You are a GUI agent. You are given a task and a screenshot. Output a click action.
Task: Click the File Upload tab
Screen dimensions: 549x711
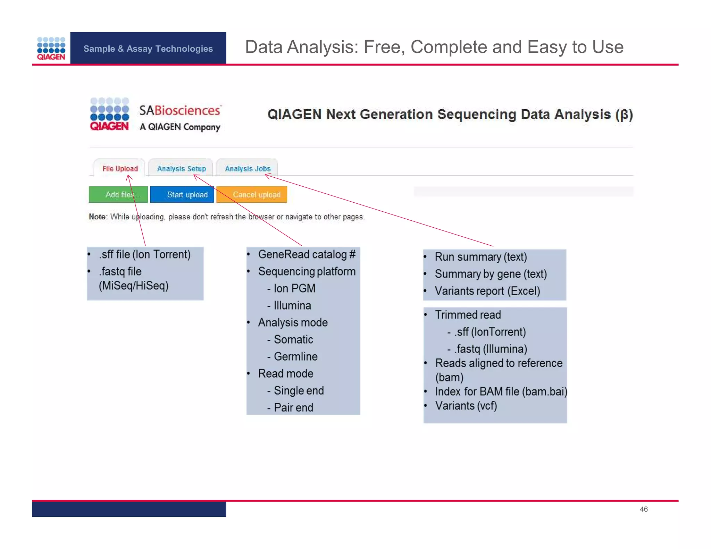[120, 169]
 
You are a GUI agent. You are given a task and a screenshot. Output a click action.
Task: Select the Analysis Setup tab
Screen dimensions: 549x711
[181, 169]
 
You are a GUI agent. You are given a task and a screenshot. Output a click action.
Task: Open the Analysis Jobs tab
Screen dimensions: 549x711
[248, 169]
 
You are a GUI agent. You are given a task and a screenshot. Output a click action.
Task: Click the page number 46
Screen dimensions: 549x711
[643, 509]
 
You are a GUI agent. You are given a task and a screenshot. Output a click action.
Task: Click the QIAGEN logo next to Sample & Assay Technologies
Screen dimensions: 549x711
[51, 49]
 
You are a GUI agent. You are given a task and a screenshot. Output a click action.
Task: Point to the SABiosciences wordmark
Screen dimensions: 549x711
[179, 111]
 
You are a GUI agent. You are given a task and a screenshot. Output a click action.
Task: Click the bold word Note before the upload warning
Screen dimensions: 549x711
[97, 217]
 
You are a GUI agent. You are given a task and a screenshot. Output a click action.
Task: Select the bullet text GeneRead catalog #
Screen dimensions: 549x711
[307, 254]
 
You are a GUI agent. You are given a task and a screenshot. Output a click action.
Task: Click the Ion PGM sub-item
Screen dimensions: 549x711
[294, 288]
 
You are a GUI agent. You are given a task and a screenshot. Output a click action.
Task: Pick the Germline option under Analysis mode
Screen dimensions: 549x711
[295, 356]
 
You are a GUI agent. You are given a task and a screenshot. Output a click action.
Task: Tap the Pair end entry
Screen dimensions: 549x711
[293, 407]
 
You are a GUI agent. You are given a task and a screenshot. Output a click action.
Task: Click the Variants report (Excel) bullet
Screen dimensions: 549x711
[487, 291]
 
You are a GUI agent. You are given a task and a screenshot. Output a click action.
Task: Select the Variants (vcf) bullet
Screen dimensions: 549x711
[466, 406]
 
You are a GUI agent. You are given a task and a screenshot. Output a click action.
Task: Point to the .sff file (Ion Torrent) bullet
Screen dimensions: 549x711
[144, 254]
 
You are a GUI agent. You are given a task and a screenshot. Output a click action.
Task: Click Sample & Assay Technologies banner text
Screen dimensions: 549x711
[148, 49]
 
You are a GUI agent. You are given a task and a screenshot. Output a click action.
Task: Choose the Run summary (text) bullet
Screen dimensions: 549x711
[480, 257]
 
